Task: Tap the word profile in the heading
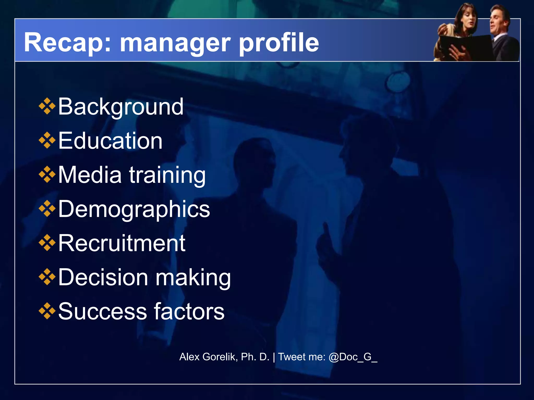pyautogui.click(x=279, y=43)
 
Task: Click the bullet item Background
pyautogui.click(x=121, y=107)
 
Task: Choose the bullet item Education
pyautogui.click(x=110, y=141)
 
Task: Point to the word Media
pyautogui.click(x=90, y=175)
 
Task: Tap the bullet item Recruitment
pyautogui.click(x=122, y=243)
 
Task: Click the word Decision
pyautogui.click(x=103, y=277)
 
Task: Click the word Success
pyautogui.click(x=102, y=311)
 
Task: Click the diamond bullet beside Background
pyautogui.click(x=47, y=106)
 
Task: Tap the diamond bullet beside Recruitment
pyautogui.click(x=47, y=243)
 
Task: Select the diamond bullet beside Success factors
pyautogui.click(x=47, y=311)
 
